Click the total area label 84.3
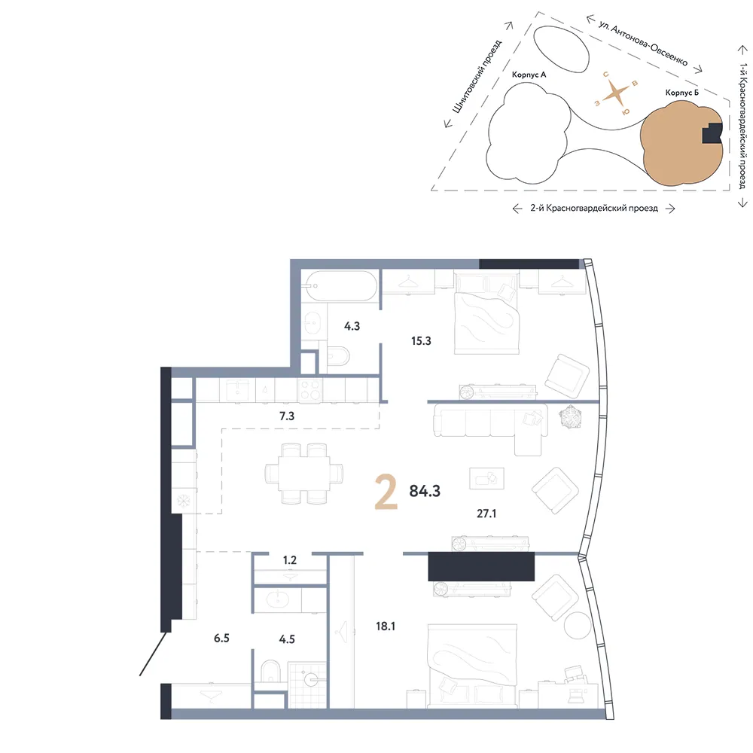coord(425,491)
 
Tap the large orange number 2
coord(386,491)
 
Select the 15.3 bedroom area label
coord(421,341)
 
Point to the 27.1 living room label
coord(486,514)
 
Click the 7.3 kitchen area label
coord(287,416)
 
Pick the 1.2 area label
coord(290,560)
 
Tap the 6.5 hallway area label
coord(221,638)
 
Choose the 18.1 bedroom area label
coord(386,626)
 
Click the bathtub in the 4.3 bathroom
coord(342,285)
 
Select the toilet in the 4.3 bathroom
coord(338,356)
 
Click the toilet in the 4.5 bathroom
coord(270,671)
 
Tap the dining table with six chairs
coord(304,473)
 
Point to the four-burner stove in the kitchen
coord(309,389)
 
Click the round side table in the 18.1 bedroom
coord(578,625)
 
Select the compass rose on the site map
coord(616,93)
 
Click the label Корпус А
coord(529,75)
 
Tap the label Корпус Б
coord(682,92)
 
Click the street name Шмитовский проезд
coord(477,76)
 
